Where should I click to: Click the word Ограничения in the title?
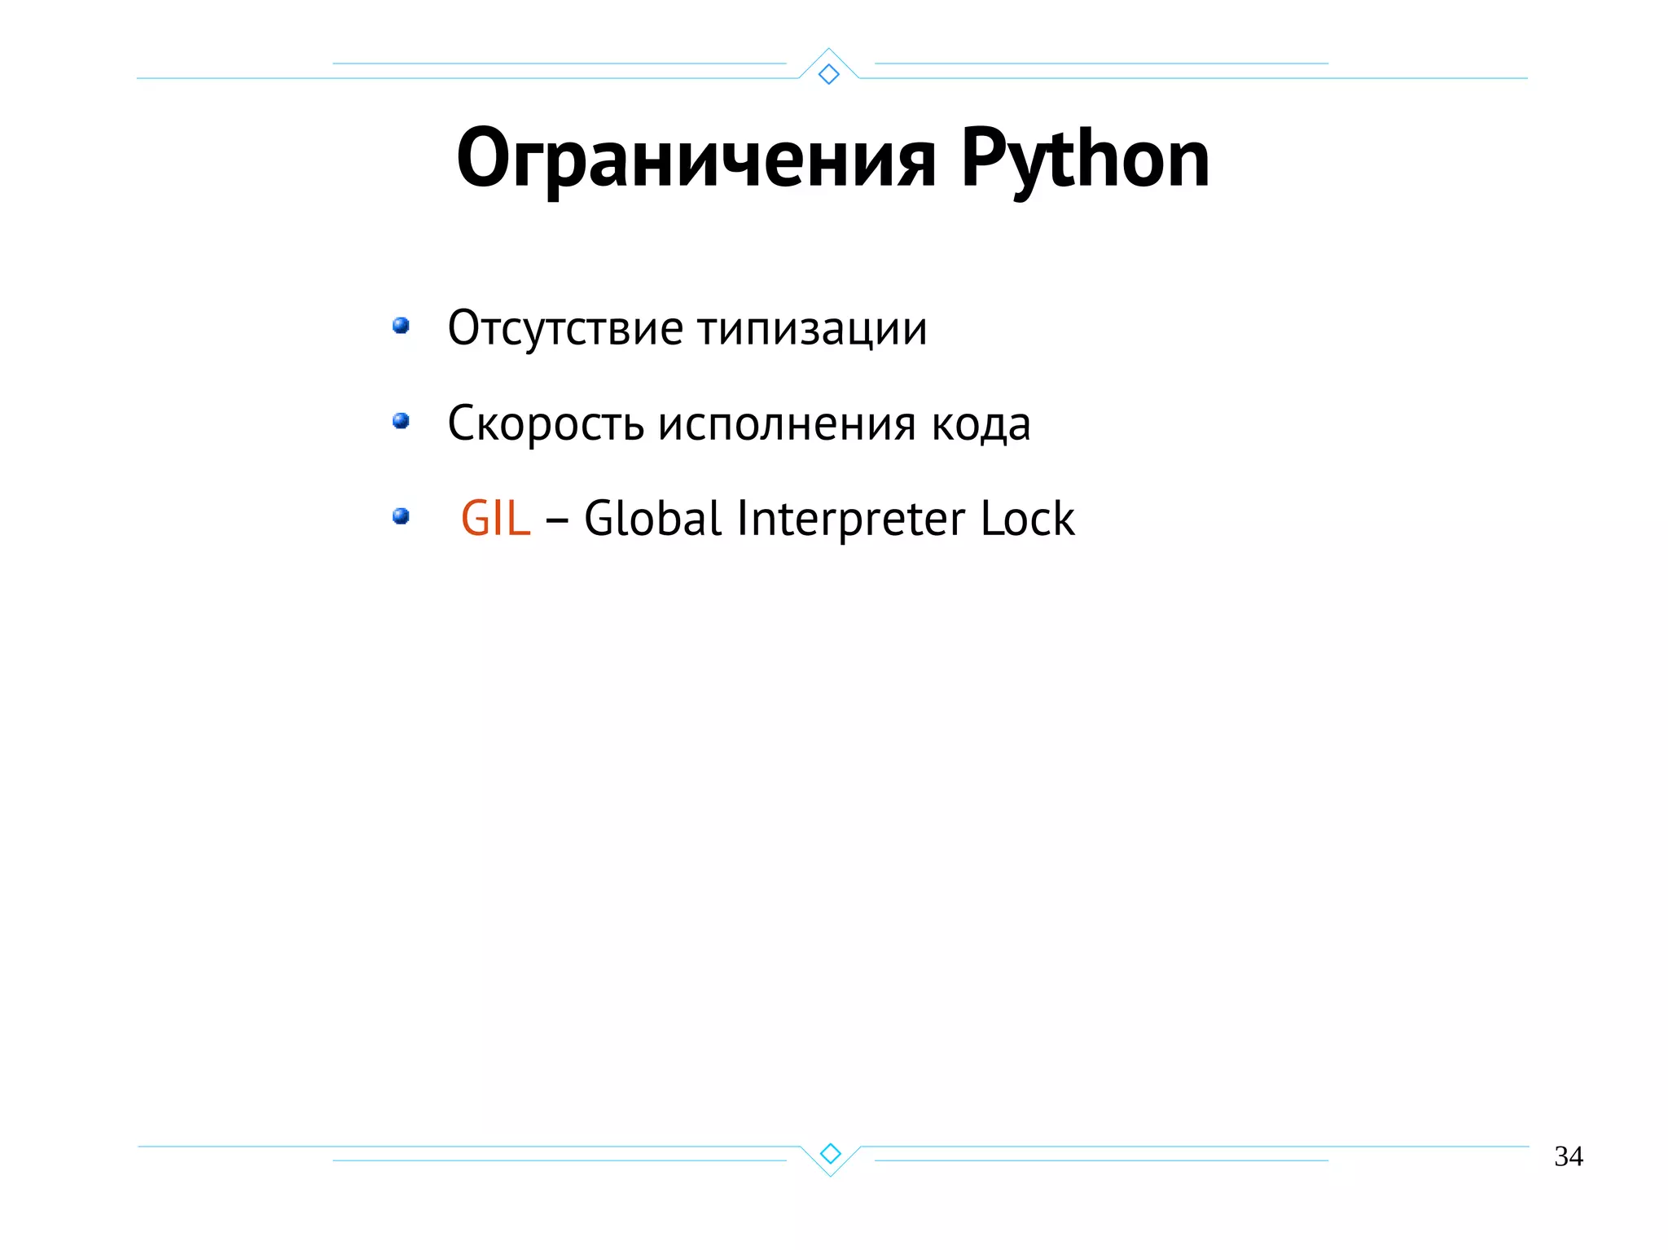[x=696, y=160]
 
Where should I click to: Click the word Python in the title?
[x=1085, y=160]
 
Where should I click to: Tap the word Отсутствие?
[x=565, y=328]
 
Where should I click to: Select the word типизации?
[x=812, y=330]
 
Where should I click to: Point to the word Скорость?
[x=546, y=423]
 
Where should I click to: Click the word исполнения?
[x=787, y=425]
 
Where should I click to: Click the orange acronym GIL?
[x=495, y=518]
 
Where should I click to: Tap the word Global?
[x=652, y=518]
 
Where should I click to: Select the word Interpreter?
[x=850, y=520]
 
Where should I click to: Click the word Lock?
[x=1027, y=518]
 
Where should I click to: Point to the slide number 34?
[x=1568, y=1156]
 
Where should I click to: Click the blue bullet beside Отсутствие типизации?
[x=401, y=326]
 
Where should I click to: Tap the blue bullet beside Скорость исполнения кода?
[x=401, y=421]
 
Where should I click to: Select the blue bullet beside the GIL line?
[x=401, y=516]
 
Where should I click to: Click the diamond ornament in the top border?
[x=828, y=74]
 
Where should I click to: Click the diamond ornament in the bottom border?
[x=830, y=1153]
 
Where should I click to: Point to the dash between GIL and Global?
[x=557, y=520]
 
